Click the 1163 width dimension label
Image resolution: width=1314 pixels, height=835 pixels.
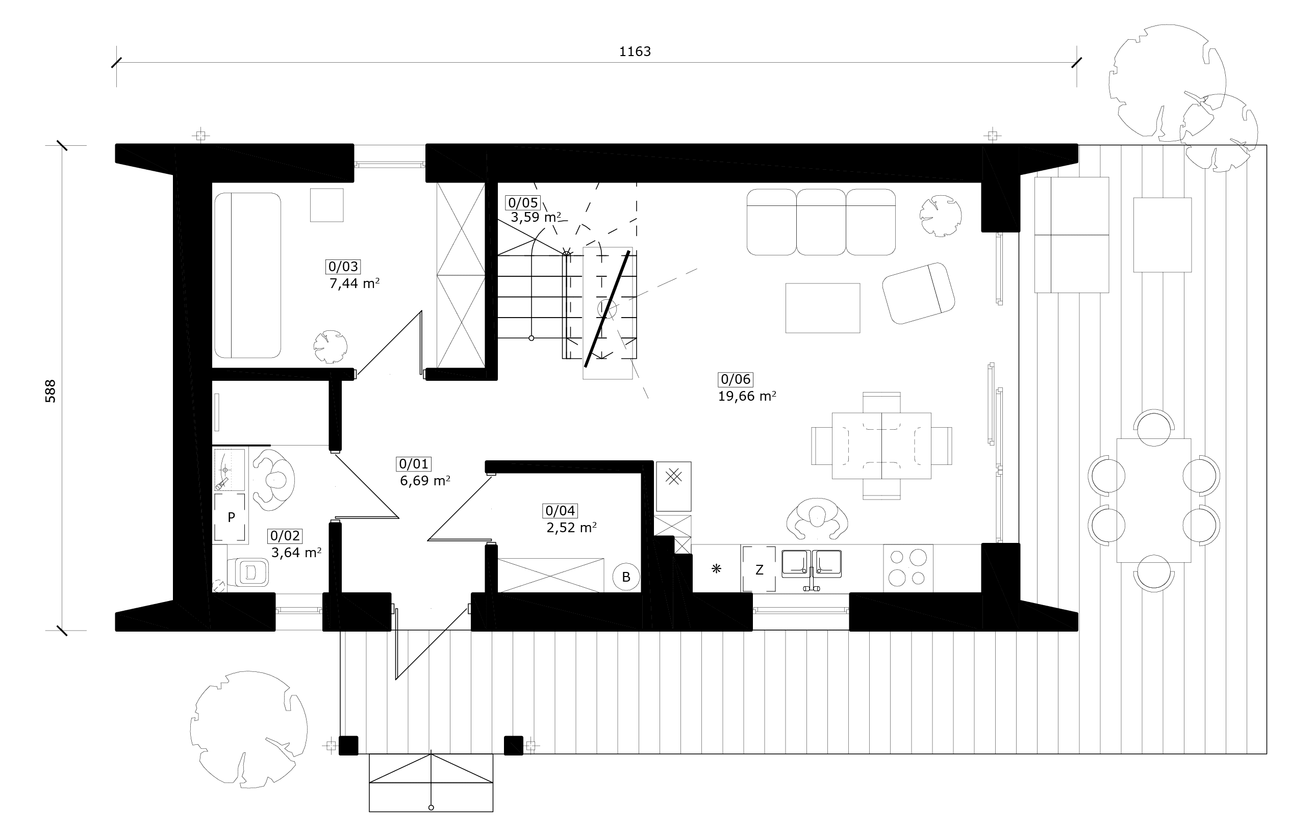pyautogui.click(x=635, y=51)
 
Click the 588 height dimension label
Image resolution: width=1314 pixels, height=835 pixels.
pyautogui.click(x=50, y=391)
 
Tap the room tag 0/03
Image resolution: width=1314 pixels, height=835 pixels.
pyautogui.click(x=343, y=267)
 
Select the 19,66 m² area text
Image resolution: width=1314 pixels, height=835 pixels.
pyautogui.click(x=747, y=396)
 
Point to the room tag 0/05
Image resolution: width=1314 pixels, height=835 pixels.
pyautogui.click(x=523, y=203)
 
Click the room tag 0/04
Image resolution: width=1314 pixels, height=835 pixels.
pyautogui.click(x=561, y=510)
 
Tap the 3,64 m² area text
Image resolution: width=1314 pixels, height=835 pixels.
pyautogui.click(x=296, y=552)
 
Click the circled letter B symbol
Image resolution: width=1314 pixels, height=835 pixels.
pyautogui.click(x=626, y=577)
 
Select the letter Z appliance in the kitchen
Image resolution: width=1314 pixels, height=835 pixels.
pyautogui.click(x=759, y=569)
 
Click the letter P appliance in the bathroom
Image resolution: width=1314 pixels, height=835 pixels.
pyautogui.click(x=232, y=516)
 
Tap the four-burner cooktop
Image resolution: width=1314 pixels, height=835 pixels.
pyautogui.click(x=908, y=568)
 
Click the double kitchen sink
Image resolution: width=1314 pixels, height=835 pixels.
pyautogui.click(x=812, y=564)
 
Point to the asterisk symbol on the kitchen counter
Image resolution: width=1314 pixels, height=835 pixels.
pyautogui.click(x=717, y=569)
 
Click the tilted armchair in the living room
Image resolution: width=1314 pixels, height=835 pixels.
pyautogui.click(x=918, y=293)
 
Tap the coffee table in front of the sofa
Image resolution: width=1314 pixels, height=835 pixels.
pyautogui.click(x=822, y=307)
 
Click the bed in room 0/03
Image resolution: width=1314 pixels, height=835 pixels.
pyautogui.click(x=248, y=275)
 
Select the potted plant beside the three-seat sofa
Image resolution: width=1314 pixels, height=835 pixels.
pyautogui.click(x=940, y=216)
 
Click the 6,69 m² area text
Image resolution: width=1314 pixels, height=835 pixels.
pyautogui.click(x=425, y=481)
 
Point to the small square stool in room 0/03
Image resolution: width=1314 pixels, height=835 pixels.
pyautogui.click(x=327, y=205)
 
